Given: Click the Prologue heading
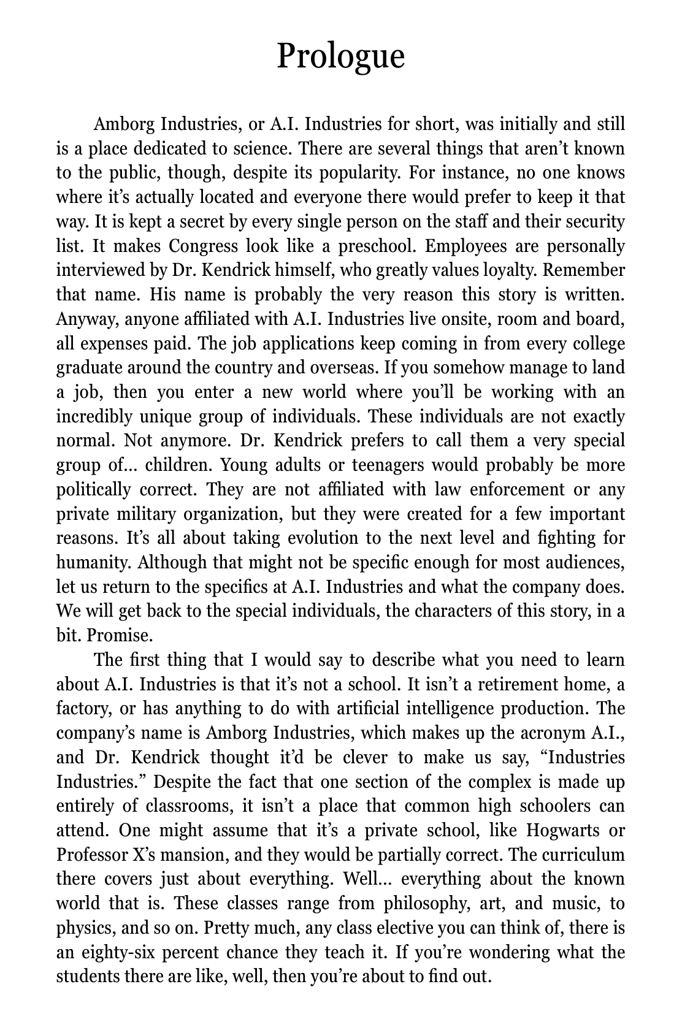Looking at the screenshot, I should (340, 56).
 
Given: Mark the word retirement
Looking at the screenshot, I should (510, 684).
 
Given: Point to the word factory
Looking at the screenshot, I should (82, 709).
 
